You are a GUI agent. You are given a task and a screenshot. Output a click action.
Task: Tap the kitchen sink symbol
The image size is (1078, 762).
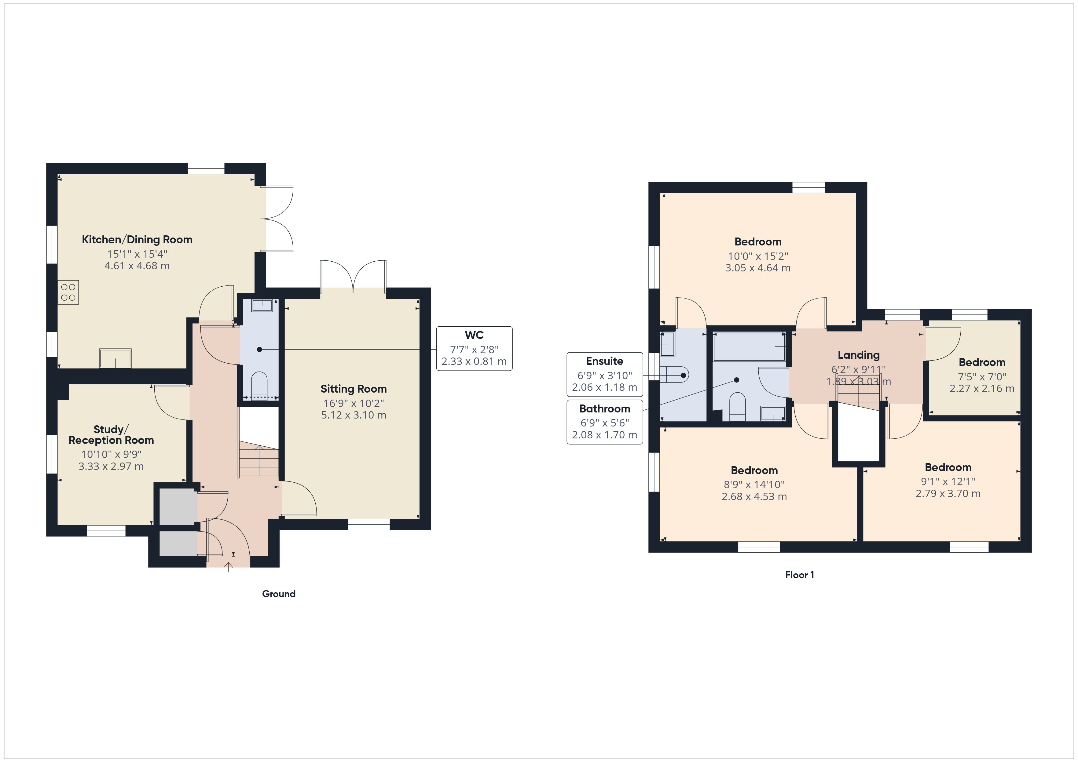click(115, 358)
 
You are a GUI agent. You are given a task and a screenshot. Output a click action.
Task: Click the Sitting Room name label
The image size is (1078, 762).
click(353, 389)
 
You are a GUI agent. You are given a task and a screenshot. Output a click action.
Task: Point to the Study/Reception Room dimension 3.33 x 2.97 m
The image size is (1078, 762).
click(111, 466)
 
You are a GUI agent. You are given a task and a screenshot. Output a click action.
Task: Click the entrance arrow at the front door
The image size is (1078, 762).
click(228, 567)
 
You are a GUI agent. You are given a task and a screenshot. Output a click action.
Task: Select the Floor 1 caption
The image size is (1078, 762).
click(799, 575)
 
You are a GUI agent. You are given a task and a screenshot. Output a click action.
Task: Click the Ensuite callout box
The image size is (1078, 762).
click(604, 374)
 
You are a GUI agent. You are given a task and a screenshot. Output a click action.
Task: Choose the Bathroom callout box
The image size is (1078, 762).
click(604, 421)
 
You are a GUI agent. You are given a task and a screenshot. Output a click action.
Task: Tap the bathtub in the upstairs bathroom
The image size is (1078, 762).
click(749, 346)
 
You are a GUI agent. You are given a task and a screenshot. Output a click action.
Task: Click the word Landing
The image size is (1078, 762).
click(858, 355)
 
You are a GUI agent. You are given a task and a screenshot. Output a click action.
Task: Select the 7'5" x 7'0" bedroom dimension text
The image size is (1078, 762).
click(982, 376)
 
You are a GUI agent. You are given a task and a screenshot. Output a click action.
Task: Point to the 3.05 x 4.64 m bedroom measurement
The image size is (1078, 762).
click(757, 268)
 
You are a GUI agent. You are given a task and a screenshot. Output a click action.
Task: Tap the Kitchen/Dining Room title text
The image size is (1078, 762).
click(137, 240)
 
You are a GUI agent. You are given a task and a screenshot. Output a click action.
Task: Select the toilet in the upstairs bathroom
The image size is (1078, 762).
click(737, 405)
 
